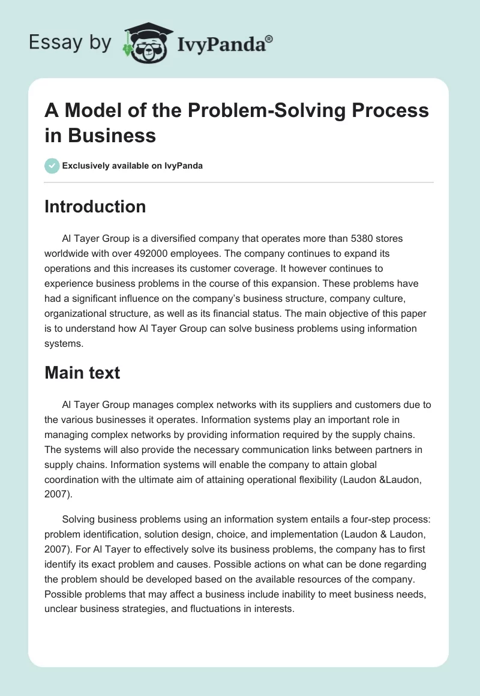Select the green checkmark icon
coord(52,166)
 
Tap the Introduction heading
coord(95,206)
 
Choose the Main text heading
coord(82,373)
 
